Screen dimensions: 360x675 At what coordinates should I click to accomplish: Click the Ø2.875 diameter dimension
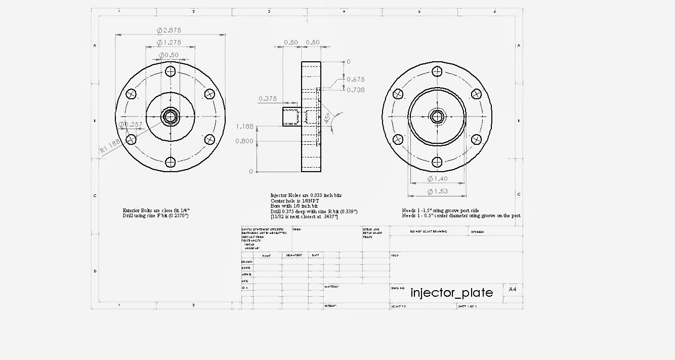click(170, 30)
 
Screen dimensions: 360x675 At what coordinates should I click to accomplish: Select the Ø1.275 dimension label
click(170, 43)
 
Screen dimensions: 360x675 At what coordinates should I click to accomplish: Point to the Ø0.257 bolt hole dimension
click(131, 124)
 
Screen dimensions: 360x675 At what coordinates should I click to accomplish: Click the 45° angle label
click(327, 118)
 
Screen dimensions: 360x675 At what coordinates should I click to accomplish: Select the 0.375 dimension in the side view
click(268, 98)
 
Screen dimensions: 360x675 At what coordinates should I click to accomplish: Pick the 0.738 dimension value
click(356, 90)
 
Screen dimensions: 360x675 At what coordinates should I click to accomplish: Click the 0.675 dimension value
click(356, 79)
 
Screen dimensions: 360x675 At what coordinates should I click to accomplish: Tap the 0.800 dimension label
click(244, 141)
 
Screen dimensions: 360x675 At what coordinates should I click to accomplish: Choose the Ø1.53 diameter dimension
click(437, 191)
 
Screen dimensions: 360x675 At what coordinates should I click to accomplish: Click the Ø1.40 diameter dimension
click(437, 179)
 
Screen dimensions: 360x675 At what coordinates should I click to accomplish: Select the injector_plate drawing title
click(451, 293)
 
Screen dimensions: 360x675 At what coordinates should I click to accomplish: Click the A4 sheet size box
click(513, 289)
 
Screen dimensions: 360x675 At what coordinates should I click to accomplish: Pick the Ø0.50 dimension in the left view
click(169, 55)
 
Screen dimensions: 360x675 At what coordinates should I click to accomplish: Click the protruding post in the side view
click(291, 116)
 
